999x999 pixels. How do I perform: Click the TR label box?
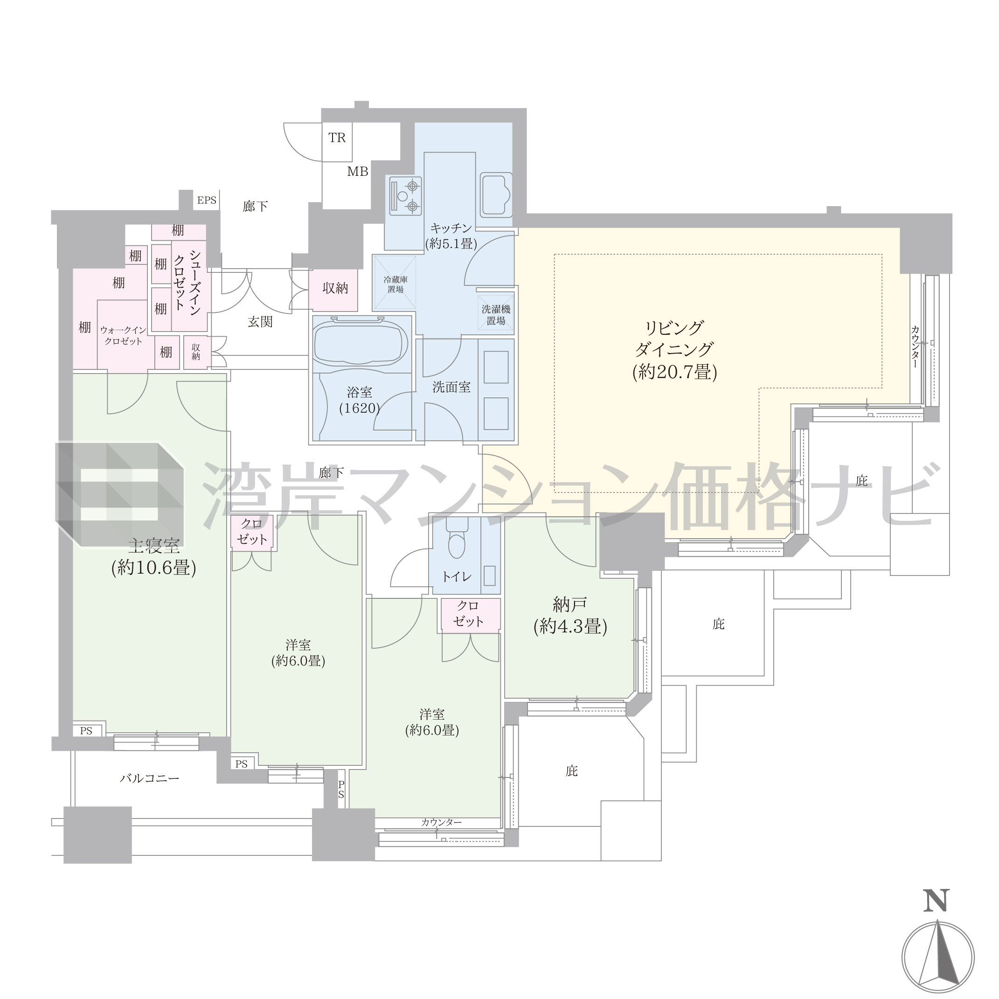click(337, 142)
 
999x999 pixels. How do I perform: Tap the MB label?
click(357, 172)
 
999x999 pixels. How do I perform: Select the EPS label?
click(207, 200)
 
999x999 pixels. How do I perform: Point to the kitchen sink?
click(495, 194)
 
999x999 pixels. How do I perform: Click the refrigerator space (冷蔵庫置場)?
click(395, 284)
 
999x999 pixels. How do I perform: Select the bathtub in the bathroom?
click(361, 342)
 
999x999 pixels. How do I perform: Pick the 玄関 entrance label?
click(260, 322)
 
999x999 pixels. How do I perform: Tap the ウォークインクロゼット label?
click(123, 335)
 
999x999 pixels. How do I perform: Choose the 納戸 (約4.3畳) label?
click(570, 615)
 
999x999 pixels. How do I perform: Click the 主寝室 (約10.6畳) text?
click(153, 557)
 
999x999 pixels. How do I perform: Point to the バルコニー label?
click(149, 778)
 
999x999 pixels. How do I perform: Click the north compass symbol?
click(938, 957)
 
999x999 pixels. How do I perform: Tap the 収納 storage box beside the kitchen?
click(334, 289)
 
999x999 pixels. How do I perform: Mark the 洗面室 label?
click(451, 387)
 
